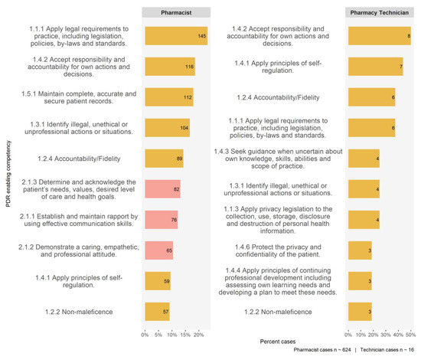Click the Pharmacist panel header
pyautogui.click(x=176, y=12)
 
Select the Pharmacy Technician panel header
pyautogui.click(x=380, y=12)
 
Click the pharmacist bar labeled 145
pyautogui.click(x=176, y=36)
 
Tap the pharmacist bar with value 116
pyautogui.click(x=170, y=67)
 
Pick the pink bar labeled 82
pyautogui.click(x=163, y=189)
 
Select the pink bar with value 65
pyautogui.click(x=159, y=250)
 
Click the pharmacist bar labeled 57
pyautogui.click(x=158, y=312)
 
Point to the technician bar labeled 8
pyautogui.click(x=380, y=36)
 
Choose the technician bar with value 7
pyautogui.click(x=376, y=67)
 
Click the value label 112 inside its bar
pyautogui.click(x=188, y=97)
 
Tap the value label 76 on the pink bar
pyautogui.click(x=174, y=220)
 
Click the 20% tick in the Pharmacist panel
pyautogui.click(x=199, y=335)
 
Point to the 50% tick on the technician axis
pyautogui.click(x=411, y=335)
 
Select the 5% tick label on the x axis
pyautogui.click(x=158, y=335)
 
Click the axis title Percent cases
pyautogui.click(x=278, y=342)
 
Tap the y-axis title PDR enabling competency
pyautogui.click(x=8, y=174)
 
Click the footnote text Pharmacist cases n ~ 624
pyautogui.click(x=322, y=350)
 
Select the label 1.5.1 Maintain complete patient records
pyautogui.click(x=79, y=97)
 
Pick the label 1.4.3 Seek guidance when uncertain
pyautogui.click(x=278, y=159)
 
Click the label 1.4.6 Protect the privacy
pyautogui.click(x=278, y=250)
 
